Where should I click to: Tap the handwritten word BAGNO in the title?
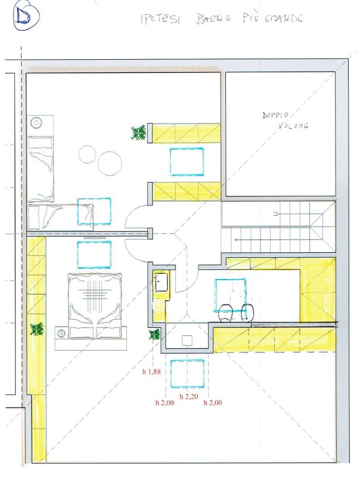tap(214, 19)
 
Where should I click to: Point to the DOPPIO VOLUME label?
tap(285, 121)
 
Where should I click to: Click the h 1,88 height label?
tap(151, 371)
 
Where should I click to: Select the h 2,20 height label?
tap(189, 397)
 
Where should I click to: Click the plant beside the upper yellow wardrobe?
tap(138, 133)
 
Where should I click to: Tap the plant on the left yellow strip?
tap(37, 330)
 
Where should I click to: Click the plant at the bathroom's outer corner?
tap(155, 334)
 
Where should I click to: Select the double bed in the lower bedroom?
tap(94, 306)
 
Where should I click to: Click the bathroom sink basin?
tap(162, 282)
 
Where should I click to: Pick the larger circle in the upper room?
tap(109, 163)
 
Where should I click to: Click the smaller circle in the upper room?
tap(86, 155)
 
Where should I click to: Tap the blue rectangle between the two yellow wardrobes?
tap(187, 162)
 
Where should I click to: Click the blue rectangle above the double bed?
tap(94, 255)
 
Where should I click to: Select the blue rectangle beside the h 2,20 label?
tap(187, 373)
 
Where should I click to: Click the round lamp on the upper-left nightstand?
tap(36, 122)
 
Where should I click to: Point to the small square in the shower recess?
tap(187, 340)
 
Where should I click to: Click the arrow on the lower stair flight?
tap(271, 240)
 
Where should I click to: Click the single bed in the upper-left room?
tap(40, 169)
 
